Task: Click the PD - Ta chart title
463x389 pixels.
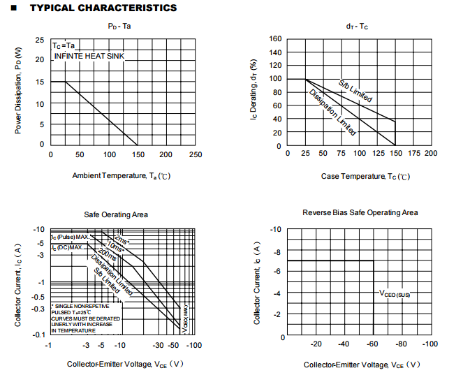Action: click(119, 26)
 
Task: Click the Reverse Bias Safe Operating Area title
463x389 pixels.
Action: click(360, 212)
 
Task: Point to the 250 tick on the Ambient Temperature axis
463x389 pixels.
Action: click(196, 155)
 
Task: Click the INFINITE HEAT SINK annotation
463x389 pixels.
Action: click(89, 55)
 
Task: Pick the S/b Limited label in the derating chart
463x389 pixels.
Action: click(355, 91)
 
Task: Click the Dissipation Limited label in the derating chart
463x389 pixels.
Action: click(332, 112)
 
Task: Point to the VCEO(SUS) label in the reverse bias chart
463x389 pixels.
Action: click(395, 295)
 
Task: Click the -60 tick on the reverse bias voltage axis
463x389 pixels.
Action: click(374, 344)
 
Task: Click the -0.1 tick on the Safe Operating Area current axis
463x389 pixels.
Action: click(38, 335)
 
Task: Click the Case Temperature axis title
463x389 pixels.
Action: click(365, 176)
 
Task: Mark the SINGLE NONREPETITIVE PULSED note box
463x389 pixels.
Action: click(84, 318)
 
